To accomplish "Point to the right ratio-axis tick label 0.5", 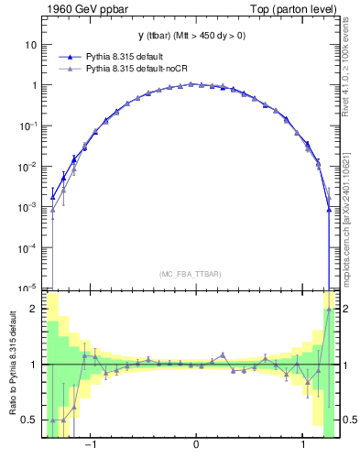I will tap(349, 420).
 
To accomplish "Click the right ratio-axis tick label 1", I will tap(345, 365).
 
